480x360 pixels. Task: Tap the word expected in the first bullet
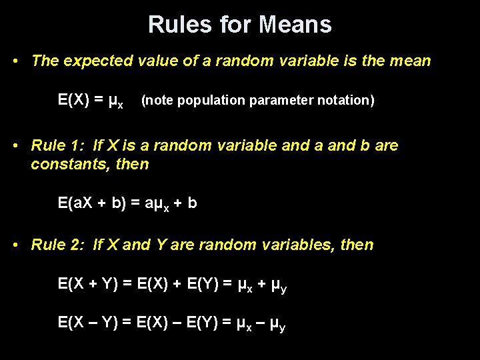click(x=97, y=61)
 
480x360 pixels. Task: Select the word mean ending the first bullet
click(x=411, y=61)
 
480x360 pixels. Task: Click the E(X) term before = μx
click(x=73, y=100)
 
